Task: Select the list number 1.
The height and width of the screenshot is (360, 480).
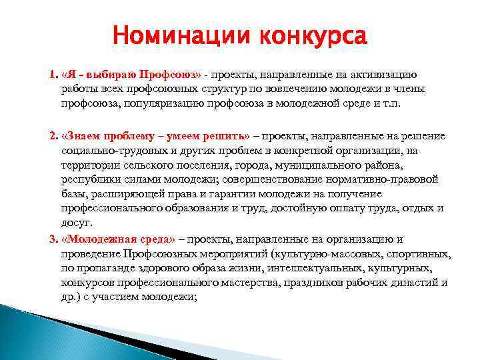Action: pyautogui.click(x=53, y=74)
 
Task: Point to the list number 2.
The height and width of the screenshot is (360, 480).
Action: pyautogui.click(x=53, y=136)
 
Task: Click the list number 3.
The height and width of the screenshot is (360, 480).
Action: pyautogui.click(x=53, y=239)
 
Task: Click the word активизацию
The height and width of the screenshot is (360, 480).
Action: pyautogui.click(x=381, y=74)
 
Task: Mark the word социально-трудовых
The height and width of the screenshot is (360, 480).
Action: pyautogui.click(x=110, y=151)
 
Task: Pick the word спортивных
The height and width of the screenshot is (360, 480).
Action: pyautogui.click(x=419, y=254)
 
